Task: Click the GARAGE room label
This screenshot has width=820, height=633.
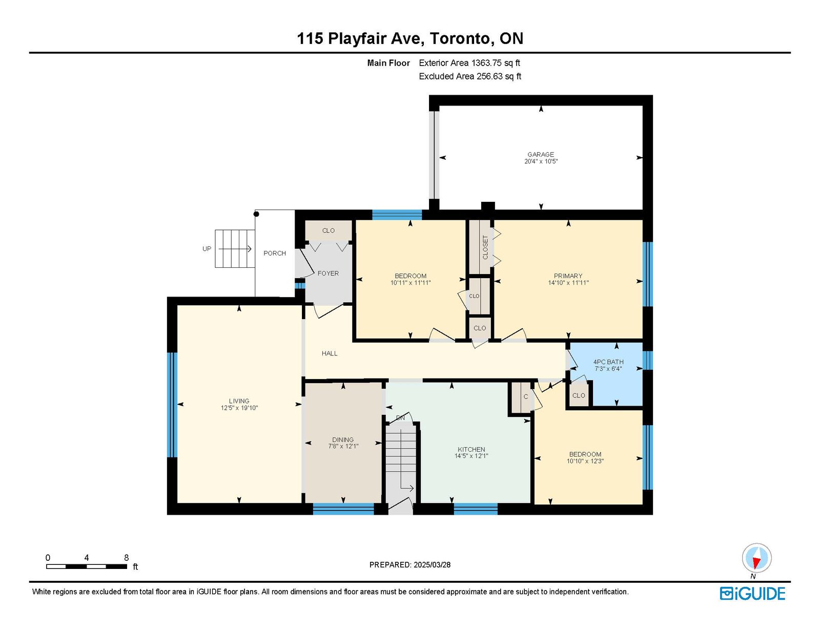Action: click(x=541, y=154)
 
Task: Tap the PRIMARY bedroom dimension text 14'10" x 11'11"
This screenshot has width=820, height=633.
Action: click(x=568, y=282)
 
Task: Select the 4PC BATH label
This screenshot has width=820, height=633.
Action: click(x=608, y=362)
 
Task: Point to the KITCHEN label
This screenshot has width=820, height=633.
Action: click(x=471, y=449)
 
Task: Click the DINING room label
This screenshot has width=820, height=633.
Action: click(x=343, y=439)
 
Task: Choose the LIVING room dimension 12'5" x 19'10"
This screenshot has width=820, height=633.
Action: click(x=239, y=408)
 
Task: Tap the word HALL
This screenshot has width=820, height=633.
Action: click(x=330, y=353)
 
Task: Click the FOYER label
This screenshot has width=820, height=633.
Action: click(x=328, y=273)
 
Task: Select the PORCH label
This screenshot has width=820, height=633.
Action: click(x=275, y=254)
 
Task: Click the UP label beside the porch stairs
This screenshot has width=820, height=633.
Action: click(x=207, y=249)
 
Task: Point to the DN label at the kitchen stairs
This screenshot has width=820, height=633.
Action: click(x=400, y=418)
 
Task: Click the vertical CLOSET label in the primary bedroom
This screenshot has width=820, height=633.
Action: click(x=485, y=247)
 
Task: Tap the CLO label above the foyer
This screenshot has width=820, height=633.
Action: click(x=329, y=231)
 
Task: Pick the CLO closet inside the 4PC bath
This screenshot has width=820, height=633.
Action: click(x=579, y=395)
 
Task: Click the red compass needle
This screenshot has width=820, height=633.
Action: click(x=756, y=563)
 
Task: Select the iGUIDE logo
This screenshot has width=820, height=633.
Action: click(x=752, y=594)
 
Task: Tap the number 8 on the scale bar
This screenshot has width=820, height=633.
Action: click(x=127, y=558)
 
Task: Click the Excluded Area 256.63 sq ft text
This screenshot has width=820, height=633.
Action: click(x=470, y=76)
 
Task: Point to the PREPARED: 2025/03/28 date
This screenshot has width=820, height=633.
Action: click(x=410, y=565)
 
